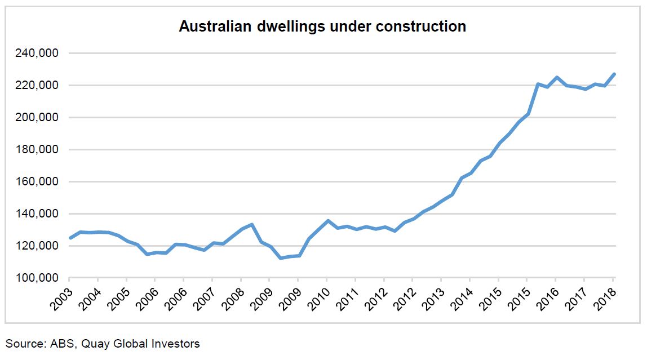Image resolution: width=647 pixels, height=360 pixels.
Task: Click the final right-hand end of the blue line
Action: pos(614,74)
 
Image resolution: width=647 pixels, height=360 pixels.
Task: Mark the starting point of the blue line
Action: pos(70,238)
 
